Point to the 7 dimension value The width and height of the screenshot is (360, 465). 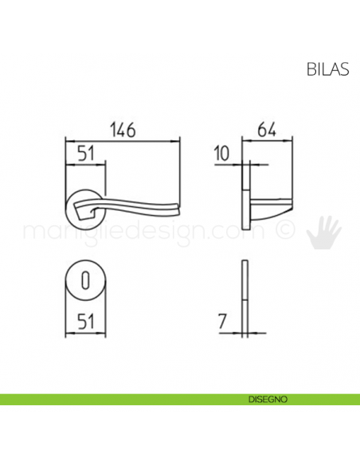coord(223,322)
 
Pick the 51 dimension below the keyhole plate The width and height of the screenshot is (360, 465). coord(86,322)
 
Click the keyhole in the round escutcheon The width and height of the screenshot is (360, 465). coord(85,279)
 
